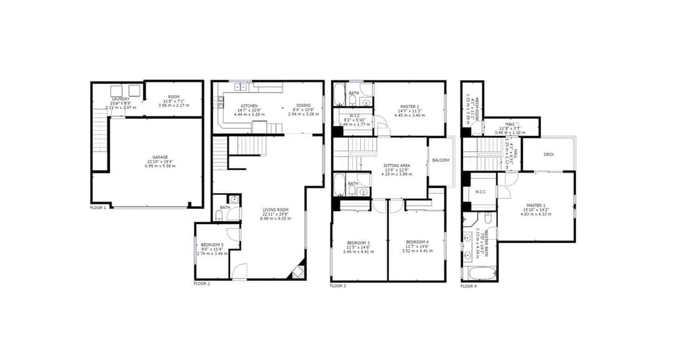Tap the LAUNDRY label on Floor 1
(120, 98)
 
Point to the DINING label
(303, 106)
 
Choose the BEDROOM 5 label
(212, 245)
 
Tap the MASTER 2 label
(409, 107)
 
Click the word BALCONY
(441, 161)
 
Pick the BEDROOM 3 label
(359, 242)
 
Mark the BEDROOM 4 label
(417, 242)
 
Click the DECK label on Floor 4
(548, 154)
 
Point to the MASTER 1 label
(536, 206)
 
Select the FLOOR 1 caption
(98, 207)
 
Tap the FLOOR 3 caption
(338, 286)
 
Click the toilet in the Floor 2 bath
(219, 216)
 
